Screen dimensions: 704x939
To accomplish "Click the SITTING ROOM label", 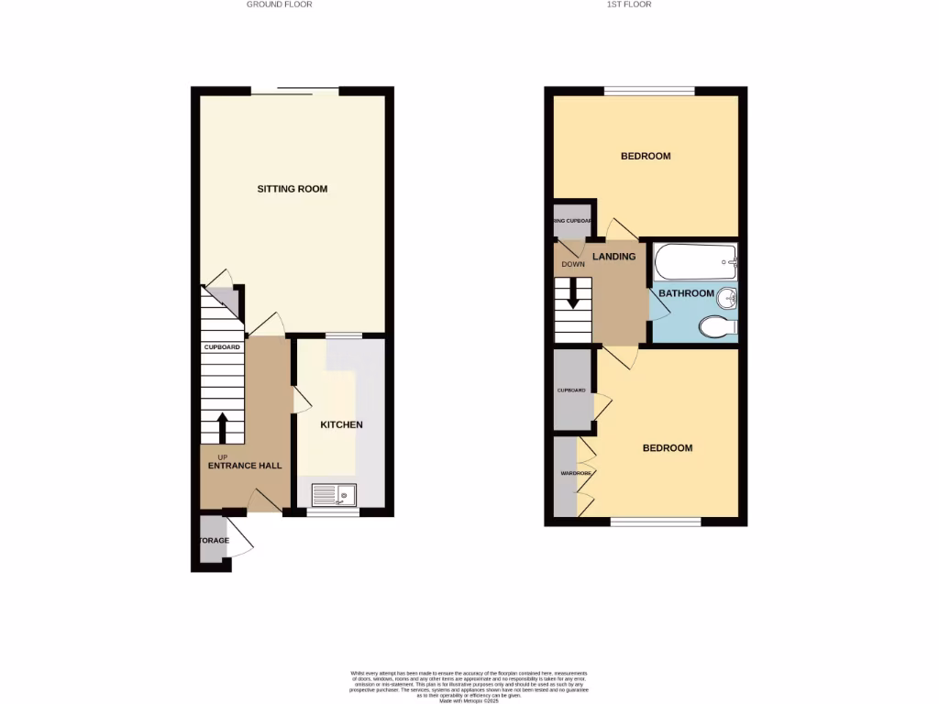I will click(x=292, y=189).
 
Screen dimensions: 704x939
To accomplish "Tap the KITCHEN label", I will click(x=341, y=425).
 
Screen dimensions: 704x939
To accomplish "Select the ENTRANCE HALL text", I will click(x=245, y=466).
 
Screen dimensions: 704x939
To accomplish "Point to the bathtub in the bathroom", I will click(x=695, y=261).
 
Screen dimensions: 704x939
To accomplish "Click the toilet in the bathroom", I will click(x=716, y=326).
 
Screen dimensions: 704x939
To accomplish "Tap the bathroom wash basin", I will click(x=725, y=298).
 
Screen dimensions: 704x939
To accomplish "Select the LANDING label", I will click(x=613, y=257).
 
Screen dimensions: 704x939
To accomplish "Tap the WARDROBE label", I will click(x=564, y=474).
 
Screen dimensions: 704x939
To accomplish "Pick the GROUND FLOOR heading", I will click(x=279, y=5).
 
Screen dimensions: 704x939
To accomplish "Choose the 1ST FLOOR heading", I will click(x=629, y=5).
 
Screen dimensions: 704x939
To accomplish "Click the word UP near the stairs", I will click(x=222, y=456).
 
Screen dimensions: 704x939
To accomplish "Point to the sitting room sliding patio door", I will click(x=295, y=90).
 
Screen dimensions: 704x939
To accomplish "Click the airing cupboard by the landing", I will click(x=571, y=221).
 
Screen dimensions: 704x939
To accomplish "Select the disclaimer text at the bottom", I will click(x=469, y=686).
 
